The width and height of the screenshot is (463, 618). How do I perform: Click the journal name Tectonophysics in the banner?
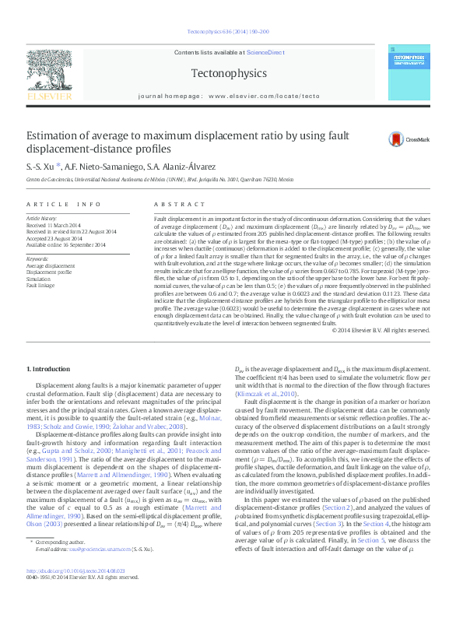click(228, 74)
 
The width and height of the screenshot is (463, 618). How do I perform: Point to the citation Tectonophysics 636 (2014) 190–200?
click(229, 32)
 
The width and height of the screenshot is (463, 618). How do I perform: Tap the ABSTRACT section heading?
click(173, 204)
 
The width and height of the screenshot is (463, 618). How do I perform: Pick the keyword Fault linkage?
click(42, 286)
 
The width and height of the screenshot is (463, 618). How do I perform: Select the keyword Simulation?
click(40, 279)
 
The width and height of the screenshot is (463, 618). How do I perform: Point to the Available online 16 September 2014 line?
click(70, 244)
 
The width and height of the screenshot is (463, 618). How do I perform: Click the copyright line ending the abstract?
click(380, 330)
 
